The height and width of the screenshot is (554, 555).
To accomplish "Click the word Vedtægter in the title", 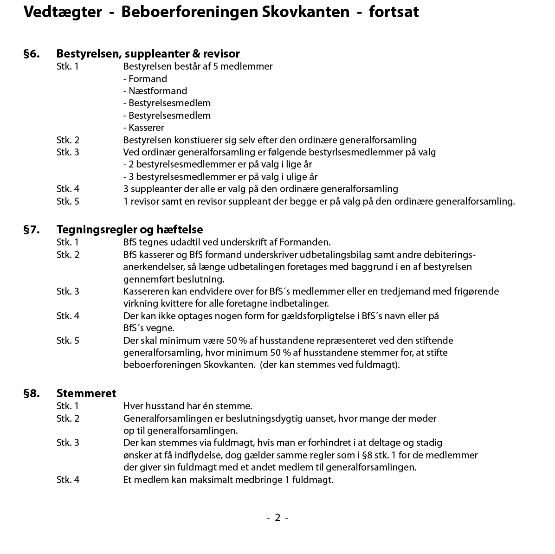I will (x=63, y=12).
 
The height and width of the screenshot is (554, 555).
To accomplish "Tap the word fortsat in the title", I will (x=394, y=12).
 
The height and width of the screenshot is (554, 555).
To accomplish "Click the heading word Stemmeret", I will (x=86, y=393).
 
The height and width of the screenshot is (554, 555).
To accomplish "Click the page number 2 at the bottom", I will (x=277, y=518).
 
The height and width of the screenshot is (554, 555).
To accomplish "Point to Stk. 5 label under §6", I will (x=68, y=201).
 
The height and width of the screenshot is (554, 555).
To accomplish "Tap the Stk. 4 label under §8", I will (x=68, y=479).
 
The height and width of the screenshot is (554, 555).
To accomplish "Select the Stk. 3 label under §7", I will (x=68, y=291).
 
